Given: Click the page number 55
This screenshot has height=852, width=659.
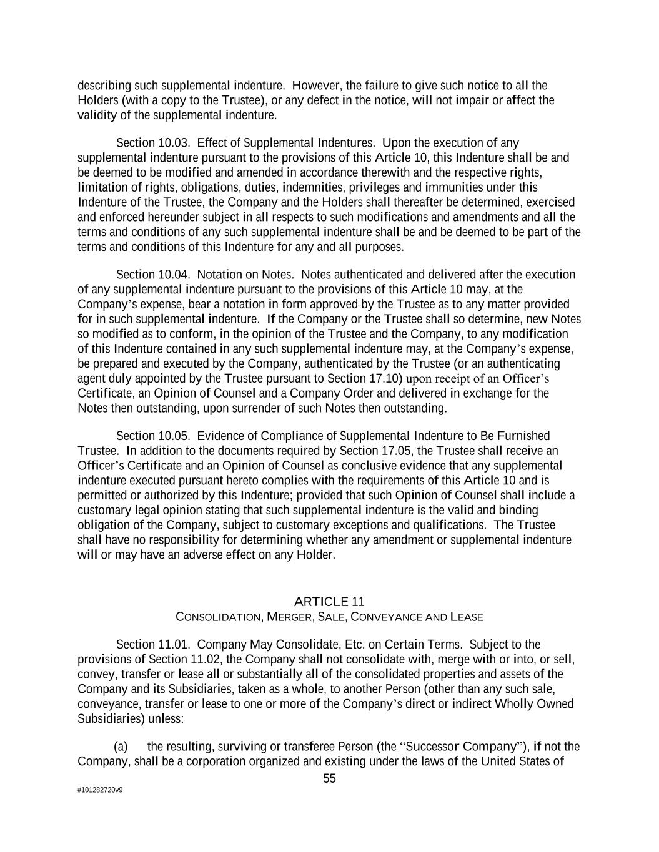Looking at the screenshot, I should (x=329, y=778).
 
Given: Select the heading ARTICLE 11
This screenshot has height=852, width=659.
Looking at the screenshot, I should (x=329, y=602).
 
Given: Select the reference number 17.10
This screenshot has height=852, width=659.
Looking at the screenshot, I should (x=386, y=379).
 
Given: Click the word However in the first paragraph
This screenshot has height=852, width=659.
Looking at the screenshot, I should (x=316, y=86).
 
